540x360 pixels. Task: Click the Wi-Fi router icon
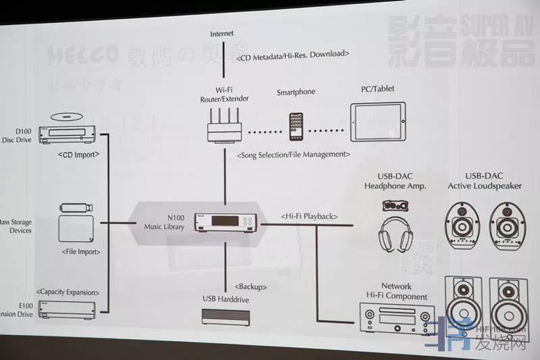tap(223, 127)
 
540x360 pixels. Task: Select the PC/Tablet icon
tap(377, 122)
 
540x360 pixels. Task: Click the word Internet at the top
tap(223, 33)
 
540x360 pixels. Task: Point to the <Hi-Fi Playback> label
tap(308, 216)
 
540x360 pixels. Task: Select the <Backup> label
tap(251, 286)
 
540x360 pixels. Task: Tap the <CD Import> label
tap(80, 154)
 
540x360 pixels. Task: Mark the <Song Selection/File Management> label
tap(293, 155)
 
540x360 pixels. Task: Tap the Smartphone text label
tap(296, 92)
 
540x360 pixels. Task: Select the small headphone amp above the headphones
tap(396, 205)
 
